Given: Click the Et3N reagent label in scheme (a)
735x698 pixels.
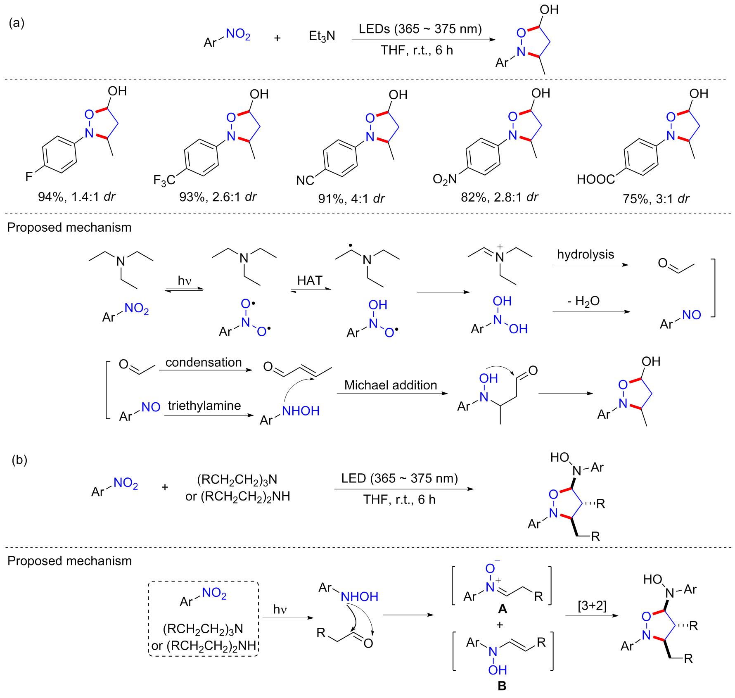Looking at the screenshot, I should [x=322, y=36].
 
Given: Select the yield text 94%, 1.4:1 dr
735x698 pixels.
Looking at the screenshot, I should [x=77, y=197].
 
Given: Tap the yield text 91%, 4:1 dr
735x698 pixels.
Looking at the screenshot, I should [x=351, y=199].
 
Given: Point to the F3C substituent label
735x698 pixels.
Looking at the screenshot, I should [x=164, y=180].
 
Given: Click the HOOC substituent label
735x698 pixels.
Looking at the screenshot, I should [x=595, y=179].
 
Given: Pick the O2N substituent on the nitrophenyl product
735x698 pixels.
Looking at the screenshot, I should [x=445, y=179].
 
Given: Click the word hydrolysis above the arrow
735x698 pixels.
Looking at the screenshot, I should [x=585, y=254].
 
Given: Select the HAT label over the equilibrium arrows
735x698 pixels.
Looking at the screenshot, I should [x=310, y=280].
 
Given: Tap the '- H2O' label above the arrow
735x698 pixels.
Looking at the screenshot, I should [x=583, y=301].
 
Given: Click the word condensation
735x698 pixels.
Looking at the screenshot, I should [x=204, y=362].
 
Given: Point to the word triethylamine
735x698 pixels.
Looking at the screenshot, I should [x=204, y=406].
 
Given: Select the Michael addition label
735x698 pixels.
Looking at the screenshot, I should [x=391, y=385].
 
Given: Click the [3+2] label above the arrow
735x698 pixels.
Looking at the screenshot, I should [x=592, y=605].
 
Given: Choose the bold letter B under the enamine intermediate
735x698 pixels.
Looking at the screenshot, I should [x=502, y=686].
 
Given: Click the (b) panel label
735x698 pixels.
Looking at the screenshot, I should [x=19, y=459].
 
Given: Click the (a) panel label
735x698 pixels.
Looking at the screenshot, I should [x=17, y=23].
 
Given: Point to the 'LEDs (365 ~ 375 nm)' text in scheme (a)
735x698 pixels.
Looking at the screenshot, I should [x=420, y=29].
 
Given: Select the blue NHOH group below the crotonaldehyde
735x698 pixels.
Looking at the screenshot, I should [x=301, y=411].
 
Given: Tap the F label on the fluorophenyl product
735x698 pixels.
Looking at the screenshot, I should [x=29, y=177].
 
